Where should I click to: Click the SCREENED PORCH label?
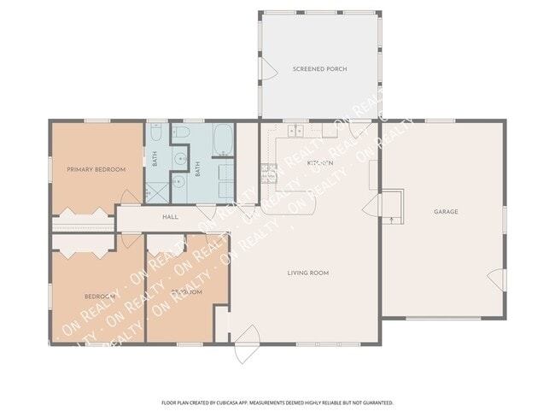click(319, 68)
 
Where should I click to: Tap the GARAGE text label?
click(446, 212)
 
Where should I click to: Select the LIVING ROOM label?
click(307, 273)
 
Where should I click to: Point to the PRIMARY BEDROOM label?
click(96, 169)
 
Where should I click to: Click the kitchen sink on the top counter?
click(296, 132)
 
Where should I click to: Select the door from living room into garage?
click(371, 208)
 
